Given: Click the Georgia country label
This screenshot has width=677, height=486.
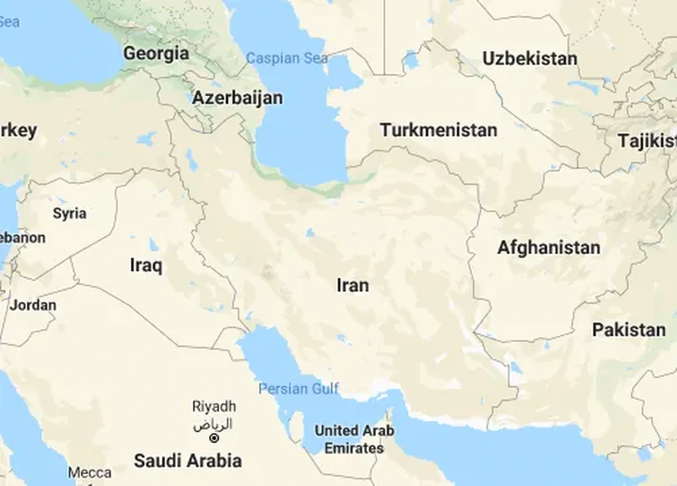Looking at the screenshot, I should click(x=156, y=53).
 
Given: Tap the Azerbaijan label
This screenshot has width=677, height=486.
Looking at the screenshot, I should click(x=237, y=98).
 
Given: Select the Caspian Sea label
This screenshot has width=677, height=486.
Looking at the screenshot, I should click(x=287, y=58).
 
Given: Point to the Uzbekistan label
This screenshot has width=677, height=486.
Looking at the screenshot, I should click(x=530, y=58).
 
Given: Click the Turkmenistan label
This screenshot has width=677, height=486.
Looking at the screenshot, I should click(x=438, y=130).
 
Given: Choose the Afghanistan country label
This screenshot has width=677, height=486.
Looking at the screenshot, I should click(x=548, y=248).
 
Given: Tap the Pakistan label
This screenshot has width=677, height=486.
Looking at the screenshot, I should click(x=629, y=330).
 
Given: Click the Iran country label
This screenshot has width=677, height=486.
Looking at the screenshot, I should click(x=352, y=285).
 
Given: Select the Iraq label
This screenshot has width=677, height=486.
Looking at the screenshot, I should click(x=146, y=266).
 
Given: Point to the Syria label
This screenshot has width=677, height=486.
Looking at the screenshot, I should click(x=70, y=213).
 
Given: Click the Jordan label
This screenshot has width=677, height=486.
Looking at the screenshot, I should click(x=33, y=306).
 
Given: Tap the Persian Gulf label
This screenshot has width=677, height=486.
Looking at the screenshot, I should click(x=299, y=389).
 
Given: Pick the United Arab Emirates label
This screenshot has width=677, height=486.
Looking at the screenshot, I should click(x=354, y=440).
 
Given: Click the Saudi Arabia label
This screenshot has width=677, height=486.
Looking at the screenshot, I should click(x=188, y=461).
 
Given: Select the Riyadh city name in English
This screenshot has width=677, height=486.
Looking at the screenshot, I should click(x=214, y=406).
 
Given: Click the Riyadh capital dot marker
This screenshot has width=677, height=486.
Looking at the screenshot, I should click(x=214, y=438).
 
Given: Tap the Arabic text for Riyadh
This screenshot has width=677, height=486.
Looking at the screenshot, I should click(x=213, y=424).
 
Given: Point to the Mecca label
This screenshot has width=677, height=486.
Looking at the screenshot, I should click(x=90, y=473).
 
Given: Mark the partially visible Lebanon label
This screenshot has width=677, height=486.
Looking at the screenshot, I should click(x=23, y=237).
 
